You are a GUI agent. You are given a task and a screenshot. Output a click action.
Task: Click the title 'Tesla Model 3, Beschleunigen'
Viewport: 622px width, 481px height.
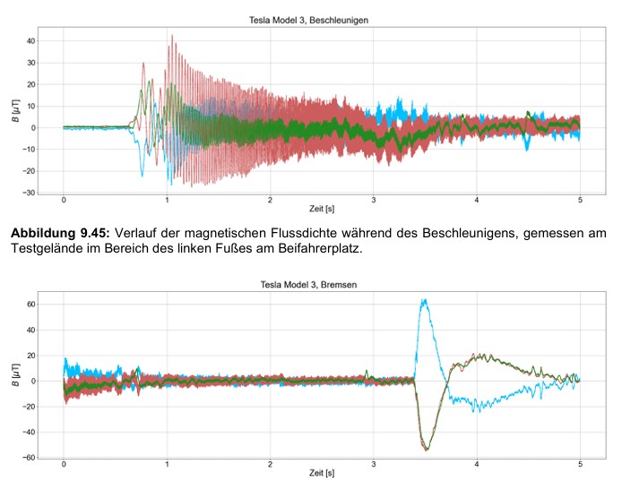321,19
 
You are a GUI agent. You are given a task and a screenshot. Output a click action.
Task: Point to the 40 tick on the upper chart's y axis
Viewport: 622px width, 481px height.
30,41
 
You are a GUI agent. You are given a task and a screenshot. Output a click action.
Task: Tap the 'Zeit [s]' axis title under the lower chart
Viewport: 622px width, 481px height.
321,474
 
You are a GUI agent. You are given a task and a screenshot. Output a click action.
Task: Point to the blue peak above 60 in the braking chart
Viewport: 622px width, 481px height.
424,300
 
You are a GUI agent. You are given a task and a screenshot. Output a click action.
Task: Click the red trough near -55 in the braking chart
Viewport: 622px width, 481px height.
427,449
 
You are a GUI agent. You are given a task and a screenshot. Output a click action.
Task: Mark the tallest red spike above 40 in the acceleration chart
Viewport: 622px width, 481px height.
171,36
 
